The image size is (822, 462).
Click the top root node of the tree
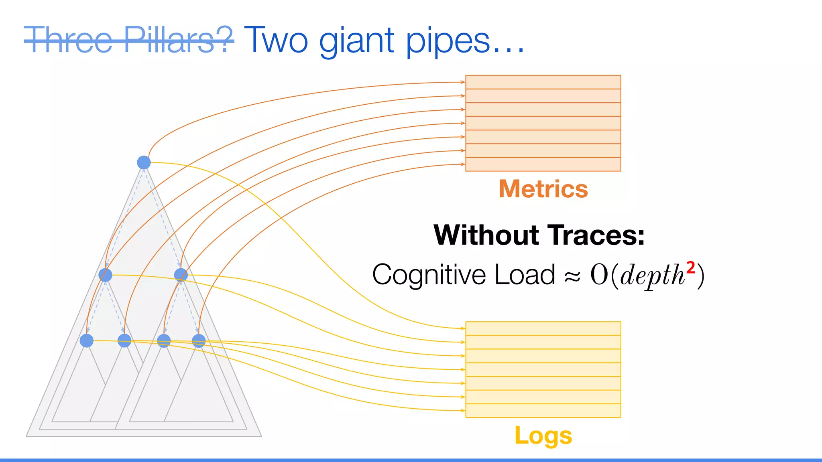(144, 162)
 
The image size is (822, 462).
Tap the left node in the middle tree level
(105, 275)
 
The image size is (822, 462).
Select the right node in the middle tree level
(181, 275)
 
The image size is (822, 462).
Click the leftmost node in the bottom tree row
(87, 340)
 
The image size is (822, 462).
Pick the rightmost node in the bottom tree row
(199, 340)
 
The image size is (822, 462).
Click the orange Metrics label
(543, 189)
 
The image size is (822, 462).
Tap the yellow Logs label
(543, 436)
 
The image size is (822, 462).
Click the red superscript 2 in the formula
(690, 267)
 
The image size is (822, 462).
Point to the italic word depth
(652, 276)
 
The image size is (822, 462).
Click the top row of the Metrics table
(543, 82)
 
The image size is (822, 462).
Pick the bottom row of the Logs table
(543, 411)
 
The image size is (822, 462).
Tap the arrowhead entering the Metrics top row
(463, 82)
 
